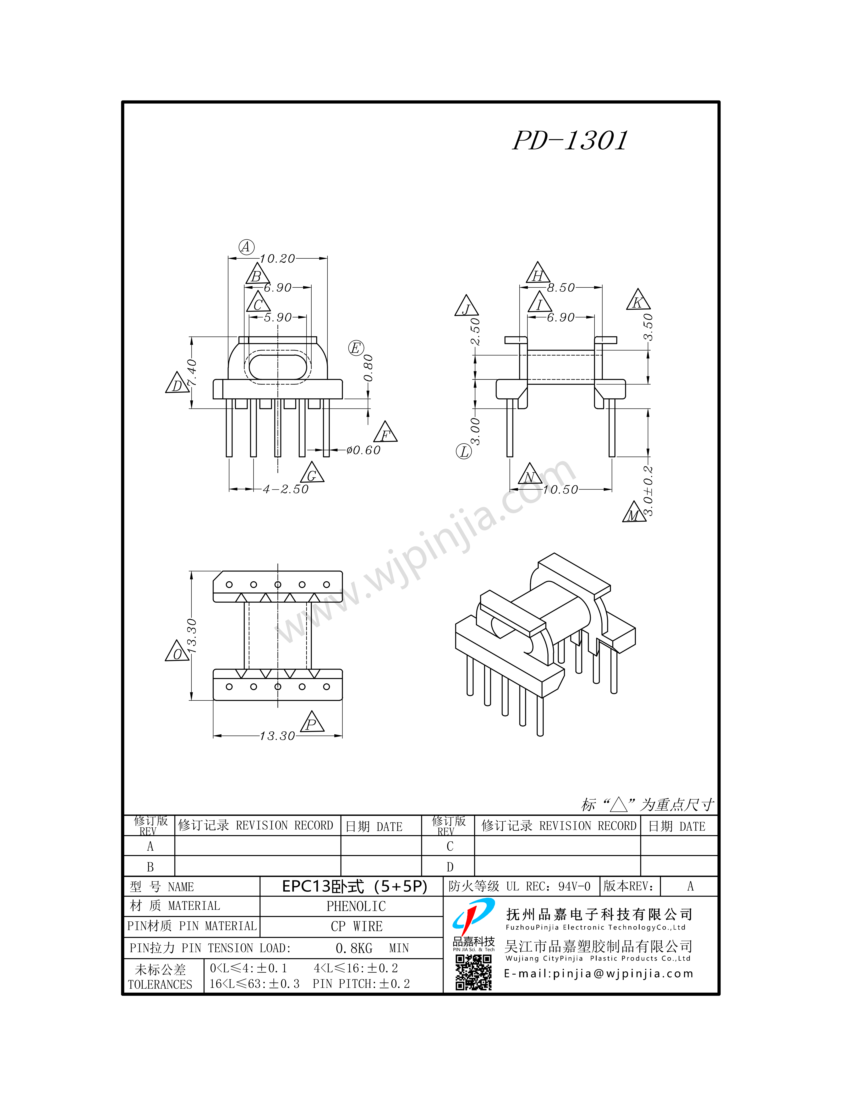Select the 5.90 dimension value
click(278, 318)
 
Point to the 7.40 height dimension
click(192, 372)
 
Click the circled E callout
click(356, 348)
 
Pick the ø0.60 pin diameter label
click(363, 450)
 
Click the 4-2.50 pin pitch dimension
click(285, 489)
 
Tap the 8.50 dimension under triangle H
click(561, 287)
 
